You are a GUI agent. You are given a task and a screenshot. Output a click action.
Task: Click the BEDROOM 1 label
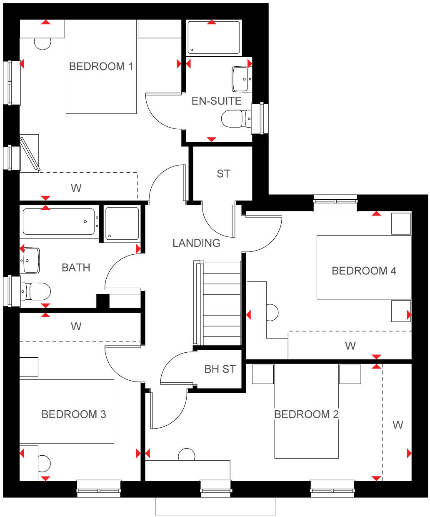click(101, 66)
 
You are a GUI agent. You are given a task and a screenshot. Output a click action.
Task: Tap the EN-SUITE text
click(216, 101)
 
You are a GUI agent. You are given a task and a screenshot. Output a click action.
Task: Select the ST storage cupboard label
click(223, 173)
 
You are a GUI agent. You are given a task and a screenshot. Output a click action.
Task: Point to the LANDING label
click(196, 243)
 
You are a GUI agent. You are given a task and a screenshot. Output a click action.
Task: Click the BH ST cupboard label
click(220, 369)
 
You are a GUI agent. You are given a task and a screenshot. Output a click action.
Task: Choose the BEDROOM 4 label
click(364, 271)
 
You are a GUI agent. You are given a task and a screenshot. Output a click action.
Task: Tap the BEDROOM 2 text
click(306, 414)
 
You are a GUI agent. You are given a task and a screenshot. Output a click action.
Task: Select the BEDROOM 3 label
click(74, 414)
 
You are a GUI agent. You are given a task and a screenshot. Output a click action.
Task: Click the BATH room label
click(76, 267)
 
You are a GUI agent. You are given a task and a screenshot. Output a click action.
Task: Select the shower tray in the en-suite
click(214, 38)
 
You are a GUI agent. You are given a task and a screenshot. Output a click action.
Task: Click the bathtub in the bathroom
click(59, 221)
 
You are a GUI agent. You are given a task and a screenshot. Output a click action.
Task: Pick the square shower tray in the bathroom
click(122, 223)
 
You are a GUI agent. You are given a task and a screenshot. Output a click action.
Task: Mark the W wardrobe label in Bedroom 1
click(76, 188)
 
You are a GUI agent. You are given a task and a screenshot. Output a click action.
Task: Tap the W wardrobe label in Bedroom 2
click(398, 425)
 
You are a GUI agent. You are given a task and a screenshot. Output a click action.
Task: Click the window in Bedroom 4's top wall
click(335, 203)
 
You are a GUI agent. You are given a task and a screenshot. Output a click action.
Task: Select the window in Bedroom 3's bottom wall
click(99, 489)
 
